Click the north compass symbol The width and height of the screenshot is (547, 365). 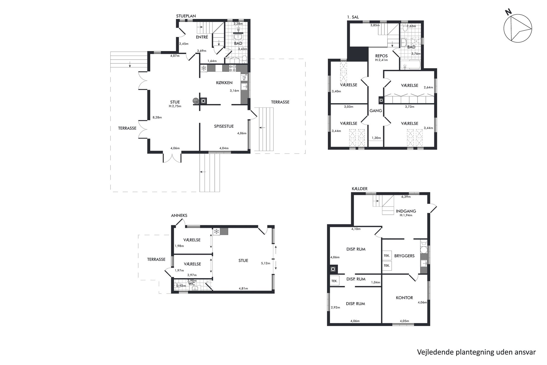(517, 28)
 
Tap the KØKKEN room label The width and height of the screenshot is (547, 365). (224, 83)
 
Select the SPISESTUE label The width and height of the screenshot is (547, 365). (224, 126)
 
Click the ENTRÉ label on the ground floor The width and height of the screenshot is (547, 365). (202, 37)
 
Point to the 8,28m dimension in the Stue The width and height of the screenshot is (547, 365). (157, 118)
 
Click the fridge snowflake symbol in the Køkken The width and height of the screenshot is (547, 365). (204, 68)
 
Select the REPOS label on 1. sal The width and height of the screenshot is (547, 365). (381, 56)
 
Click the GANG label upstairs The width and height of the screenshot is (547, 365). (376, 111)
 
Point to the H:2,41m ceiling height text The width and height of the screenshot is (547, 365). (381, 60)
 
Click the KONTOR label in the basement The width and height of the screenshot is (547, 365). (404, 298)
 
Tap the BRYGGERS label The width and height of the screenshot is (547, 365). (404, 256)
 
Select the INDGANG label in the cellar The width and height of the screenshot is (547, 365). (406, 211)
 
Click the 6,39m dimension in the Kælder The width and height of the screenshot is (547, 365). (406, 197)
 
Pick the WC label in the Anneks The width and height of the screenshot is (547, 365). (192, 284)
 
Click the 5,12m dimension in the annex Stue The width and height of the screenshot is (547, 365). (266, 263)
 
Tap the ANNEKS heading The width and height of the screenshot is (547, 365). (179, 215)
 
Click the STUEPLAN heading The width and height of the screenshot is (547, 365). (186, 16)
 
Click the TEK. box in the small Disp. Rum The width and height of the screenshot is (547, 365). (334, 281)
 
